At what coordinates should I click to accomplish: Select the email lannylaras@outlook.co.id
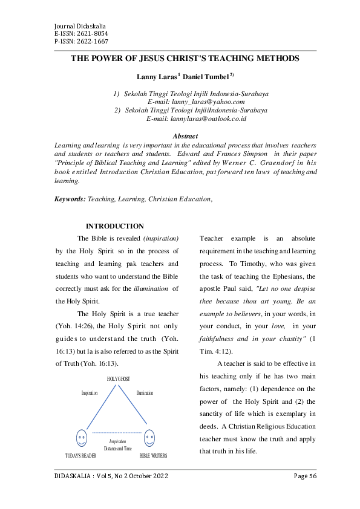coord(196,118)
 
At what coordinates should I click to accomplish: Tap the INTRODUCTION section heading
coord(115,226)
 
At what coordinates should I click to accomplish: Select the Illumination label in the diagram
coord(145,393)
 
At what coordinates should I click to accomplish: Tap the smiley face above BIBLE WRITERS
coord(150,436)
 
